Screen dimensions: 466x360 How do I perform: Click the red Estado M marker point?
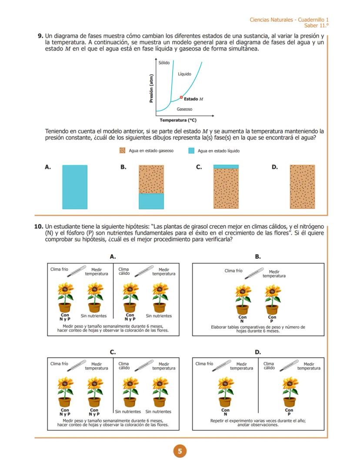click(x=181, y=97)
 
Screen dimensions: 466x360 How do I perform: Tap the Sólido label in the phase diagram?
click(x=164, y=63)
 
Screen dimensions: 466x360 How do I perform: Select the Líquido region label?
click(x=184, y=74)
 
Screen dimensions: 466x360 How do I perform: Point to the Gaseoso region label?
click(x=184, y=109)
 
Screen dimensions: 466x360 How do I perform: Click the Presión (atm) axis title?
click(x=151, y=88)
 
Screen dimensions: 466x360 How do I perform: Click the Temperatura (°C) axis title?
click(x=178, y=120)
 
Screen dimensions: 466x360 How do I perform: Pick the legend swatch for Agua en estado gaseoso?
click(x=122, y=151)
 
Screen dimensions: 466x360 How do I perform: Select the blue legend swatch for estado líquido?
click(x=191, y=151)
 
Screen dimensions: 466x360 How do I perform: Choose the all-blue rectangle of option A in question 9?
click(x=75, y=187)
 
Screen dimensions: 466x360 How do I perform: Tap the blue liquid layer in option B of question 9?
click(x=151, y=201)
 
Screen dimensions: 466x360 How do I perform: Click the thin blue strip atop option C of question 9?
click(x=226, y=167)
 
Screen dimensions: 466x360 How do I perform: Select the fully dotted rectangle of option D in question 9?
click(x=302, y=187)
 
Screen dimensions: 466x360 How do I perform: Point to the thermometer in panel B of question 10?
click(x=254, y=272)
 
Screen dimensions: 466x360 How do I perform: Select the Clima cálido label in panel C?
click(x=123, y=365)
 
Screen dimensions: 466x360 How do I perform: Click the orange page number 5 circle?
click(x=180, y=451)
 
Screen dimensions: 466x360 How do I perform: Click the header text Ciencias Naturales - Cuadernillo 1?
click(x=289, y=20)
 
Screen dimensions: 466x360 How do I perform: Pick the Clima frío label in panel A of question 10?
click(x=59, y=269)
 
